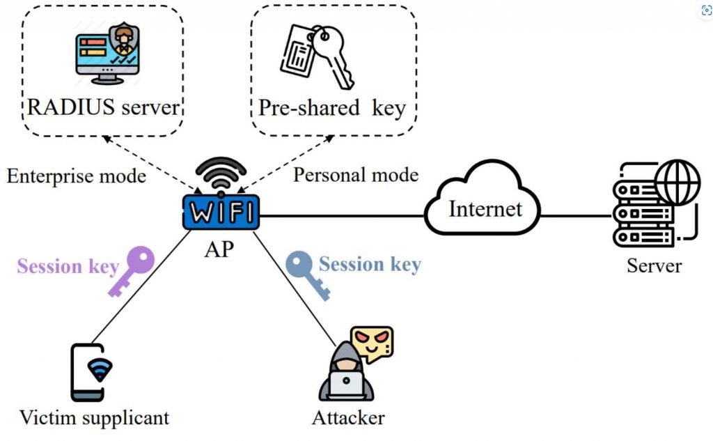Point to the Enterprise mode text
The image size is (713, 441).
[77, 176]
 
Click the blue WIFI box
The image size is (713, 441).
[221, 212]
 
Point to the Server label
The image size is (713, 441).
[654, 265]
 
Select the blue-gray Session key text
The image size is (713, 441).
[370, 264]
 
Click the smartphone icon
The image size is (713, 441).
[93, 371]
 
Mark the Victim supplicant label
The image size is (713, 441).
[94, 418]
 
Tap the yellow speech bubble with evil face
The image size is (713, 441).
[372, 343]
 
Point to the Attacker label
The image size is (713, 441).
[348, 418]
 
